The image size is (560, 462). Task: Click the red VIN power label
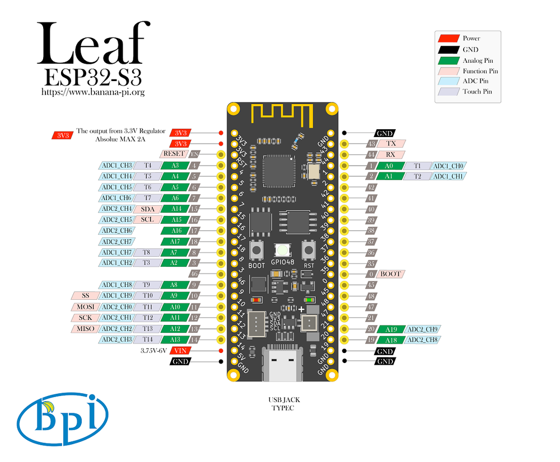pyautogui.click(x=180, y=351)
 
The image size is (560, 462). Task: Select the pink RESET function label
pyautogui.click(x=174, y=154)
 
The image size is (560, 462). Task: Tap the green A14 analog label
pyautogui.click(x=175, y=209)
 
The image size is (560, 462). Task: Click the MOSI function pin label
pyautogui.click(x=84, y=307)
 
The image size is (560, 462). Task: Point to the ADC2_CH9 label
pyautogui.click(x=423, y=329)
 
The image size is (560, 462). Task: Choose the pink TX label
pyautogui.click(x=391, y=143)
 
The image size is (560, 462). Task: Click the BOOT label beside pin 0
pyautogui.click(x=391, y=274)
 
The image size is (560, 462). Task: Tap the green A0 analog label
pyautogui.click(x=389, y=166)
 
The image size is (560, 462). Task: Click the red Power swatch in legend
pyautogui.click(x=449, y=39)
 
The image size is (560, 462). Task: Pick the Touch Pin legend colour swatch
pyautogui.click(x=449, y=91)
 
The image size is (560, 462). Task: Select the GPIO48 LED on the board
pyautogui.click(x=282, y=251)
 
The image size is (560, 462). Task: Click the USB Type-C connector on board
pyautogui.click(x=282, y=364)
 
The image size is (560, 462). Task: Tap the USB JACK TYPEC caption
pyautogui.click(x=282, y=404)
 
